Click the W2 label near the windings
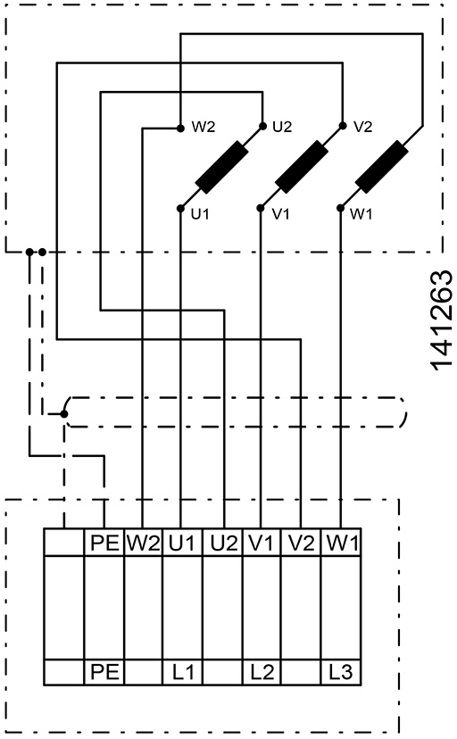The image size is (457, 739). pos(203,128)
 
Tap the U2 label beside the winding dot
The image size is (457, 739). pos(282,127)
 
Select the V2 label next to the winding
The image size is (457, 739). pos(362,127)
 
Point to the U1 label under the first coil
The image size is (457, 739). pos(200,214)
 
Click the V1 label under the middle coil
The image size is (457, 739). pos(280,214)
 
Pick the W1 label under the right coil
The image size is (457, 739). pos(361,214)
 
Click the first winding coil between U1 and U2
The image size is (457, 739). pos(222,167)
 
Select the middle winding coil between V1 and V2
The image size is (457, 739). pos(302,167)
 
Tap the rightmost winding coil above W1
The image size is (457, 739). pos(382,167)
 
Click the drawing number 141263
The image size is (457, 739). pos(442,320)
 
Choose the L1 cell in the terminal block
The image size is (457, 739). pos(182,671)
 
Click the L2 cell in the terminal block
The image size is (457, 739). pos(262,671)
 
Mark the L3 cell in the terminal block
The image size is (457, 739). pos(341,671)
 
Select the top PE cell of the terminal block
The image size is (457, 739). pos(104,543)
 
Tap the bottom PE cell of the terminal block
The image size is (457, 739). pos(104,671)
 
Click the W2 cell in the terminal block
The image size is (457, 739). pos(143,543)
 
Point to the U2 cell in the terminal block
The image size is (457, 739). pos(223,543)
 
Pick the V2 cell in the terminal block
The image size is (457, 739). pos(302,543)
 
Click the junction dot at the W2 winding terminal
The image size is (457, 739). pos(180,128)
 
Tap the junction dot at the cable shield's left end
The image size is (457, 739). pos(64,414)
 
